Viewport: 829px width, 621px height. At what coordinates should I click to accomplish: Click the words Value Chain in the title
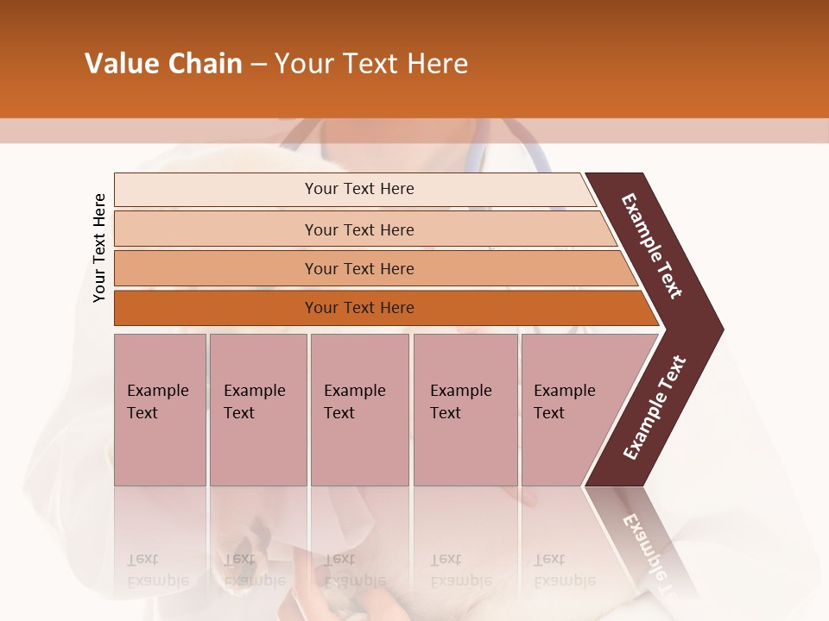coord(163,64)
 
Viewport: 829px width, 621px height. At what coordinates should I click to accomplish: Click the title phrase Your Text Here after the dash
coord(371,64)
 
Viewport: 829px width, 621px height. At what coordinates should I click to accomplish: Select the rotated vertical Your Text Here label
coord(99,248)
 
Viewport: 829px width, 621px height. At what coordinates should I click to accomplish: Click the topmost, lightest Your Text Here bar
coord(358,189)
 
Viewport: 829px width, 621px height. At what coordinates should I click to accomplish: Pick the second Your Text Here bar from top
coord(358,229)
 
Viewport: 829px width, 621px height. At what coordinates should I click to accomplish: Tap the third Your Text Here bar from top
coord(358,268)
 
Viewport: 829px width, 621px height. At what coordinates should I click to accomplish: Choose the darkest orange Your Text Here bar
coord(358,308)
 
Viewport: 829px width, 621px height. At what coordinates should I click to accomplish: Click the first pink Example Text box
coord(160,409)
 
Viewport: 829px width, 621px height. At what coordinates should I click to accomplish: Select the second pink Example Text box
coord(257,409)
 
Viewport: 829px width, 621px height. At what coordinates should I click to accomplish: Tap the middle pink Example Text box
coord(359,409)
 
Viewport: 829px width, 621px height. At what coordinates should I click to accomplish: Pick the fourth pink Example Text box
coord(465,409)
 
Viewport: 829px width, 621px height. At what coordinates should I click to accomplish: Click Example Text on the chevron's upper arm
coord(653,246)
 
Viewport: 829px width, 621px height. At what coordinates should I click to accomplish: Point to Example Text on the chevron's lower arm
coord(655,408)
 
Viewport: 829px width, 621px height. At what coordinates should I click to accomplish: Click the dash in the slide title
coord(258,65)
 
